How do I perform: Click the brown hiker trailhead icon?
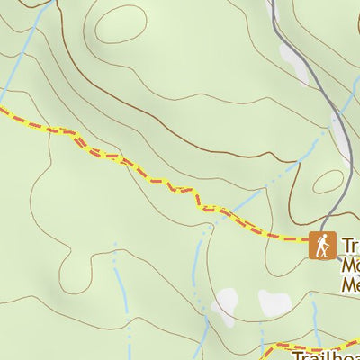pos(321,245)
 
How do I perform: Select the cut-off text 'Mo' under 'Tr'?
pos(350,266)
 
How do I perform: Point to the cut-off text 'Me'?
pos(350,285)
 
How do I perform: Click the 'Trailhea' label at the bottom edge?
pos(325,353)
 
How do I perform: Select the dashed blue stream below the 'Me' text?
pos(315,315)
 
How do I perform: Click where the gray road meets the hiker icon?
pos(322,230)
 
